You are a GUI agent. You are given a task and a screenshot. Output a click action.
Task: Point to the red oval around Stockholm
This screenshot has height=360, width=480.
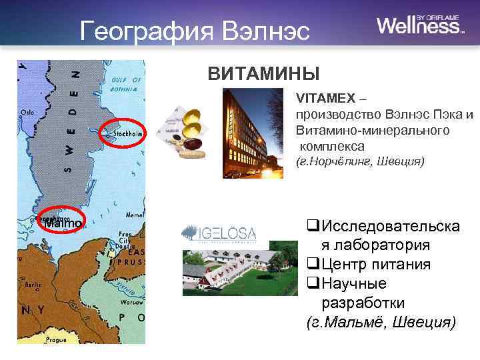tap(123, 133)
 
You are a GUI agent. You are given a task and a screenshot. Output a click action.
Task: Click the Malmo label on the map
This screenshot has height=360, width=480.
tap(61, 223)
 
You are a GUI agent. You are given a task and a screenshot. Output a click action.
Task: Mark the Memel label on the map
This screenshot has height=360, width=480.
tap(134, 215)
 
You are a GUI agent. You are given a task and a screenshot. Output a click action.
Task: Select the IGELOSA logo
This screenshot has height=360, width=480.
tap(220, 233)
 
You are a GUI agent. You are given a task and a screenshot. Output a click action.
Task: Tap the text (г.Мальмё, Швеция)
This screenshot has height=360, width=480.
tap(381, 323)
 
